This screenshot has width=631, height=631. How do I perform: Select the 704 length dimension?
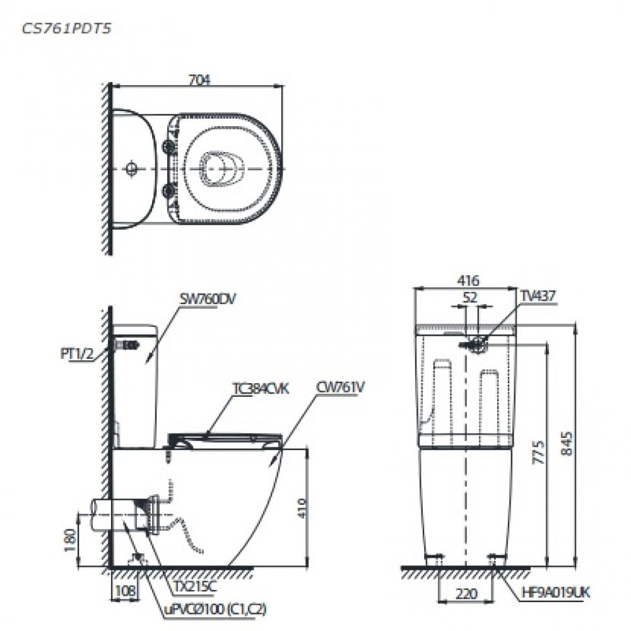coord(199,80)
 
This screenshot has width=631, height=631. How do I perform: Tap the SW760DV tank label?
coord(207,300)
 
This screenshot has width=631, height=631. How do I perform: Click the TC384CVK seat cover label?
coord(260,389)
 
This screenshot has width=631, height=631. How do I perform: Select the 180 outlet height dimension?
coord(71,540)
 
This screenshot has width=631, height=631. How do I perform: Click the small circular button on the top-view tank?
coord(131,168)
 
